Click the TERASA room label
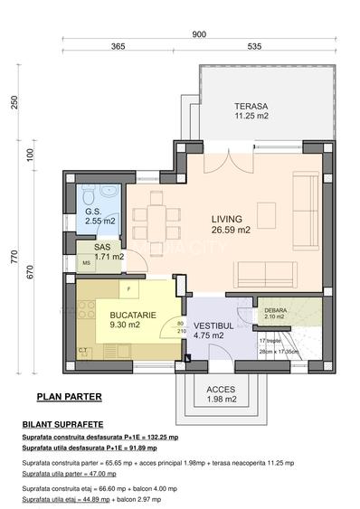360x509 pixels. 251,105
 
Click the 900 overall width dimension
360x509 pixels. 199,34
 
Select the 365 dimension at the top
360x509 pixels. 118,46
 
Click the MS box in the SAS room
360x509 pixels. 87,264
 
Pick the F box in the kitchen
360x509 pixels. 128,290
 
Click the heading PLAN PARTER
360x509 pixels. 69,396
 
